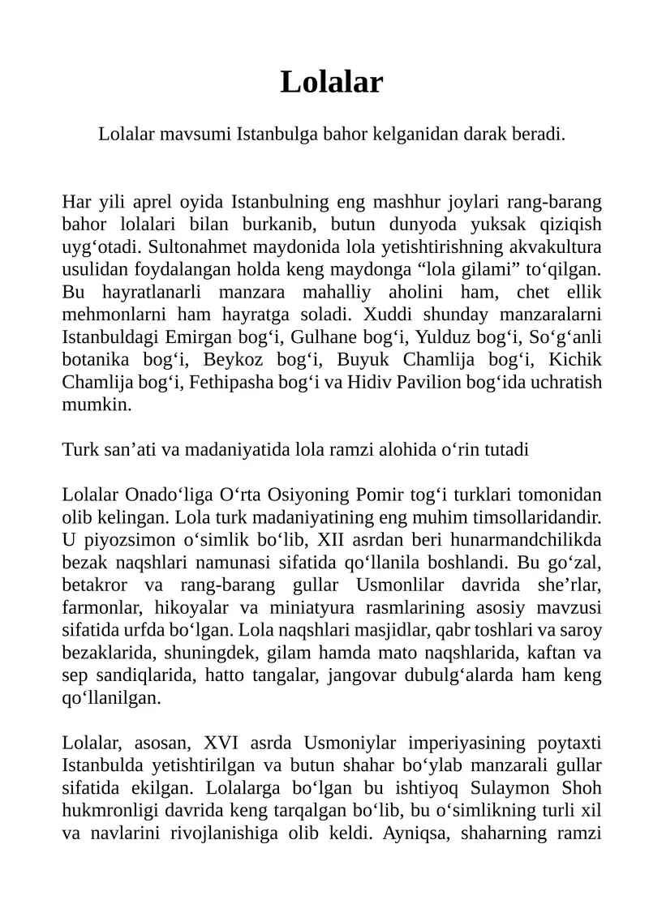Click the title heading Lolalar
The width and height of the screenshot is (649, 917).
click(331, 82)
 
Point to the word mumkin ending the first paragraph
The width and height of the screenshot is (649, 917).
click(97, 405)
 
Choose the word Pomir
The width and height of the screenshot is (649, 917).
click(385, 495)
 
